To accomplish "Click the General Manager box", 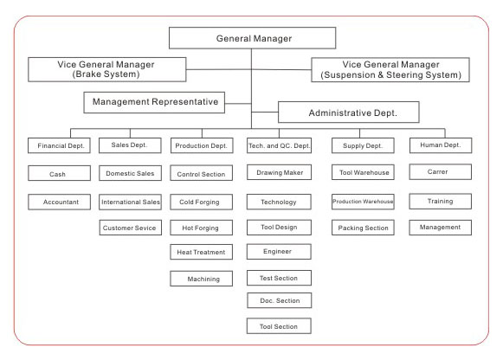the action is pyautogui.click(x=253, y=38).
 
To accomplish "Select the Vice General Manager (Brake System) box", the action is pyautogui.click(x=107, y=69).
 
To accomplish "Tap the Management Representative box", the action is pyautogui.click(x=154, y=103).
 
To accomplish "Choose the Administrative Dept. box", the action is pyautogui.click(x=349, y=112).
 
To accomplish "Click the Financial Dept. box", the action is pyautogui.click(x=60, y=145).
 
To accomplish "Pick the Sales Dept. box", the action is pyautogui.click(x=130, y=145).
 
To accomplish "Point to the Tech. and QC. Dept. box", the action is pyautogui.click(x=279, y=145).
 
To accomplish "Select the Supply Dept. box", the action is pyautogui.click(x=363, y=145).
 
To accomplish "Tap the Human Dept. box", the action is pyautogui.click(x=441, y=145).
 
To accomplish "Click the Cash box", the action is pyautogui.click(x=60, y=173).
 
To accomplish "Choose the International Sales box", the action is pyautogui.click(x=130, y=202).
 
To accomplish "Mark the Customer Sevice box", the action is pyautogui.click(x=131, y=228).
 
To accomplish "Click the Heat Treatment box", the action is pyautogui.click(x=202, y=252).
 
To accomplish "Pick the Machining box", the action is pyautogui.click(x=202, y=279).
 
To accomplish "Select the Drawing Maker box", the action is pyautogui.click(x=279, y=172).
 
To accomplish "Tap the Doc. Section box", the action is pyautogui.click(x=280, y=300).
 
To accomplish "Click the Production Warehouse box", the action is pyautogui.click(x=363, y=202).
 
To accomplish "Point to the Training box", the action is pyautogui.click(x=441, y=202).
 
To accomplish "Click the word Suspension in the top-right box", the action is pyautogui.click(x=349, y=75).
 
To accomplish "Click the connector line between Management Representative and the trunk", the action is pyautogui.click(x=238, y=104).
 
